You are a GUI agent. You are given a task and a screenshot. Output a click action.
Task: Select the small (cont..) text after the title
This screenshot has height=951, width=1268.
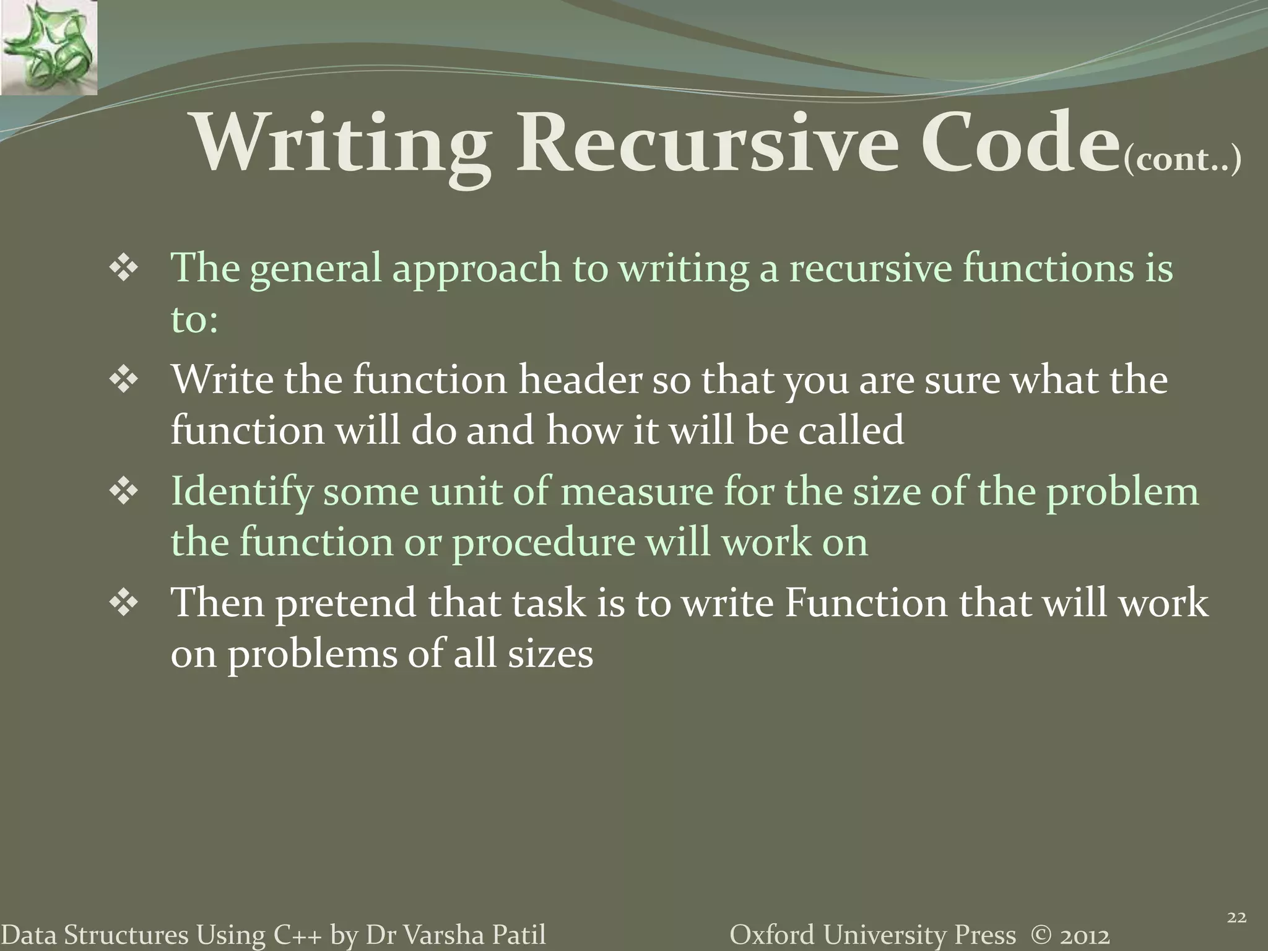click(1182, 160)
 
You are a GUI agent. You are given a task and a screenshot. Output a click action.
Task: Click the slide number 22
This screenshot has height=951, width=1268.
click(1236, 918)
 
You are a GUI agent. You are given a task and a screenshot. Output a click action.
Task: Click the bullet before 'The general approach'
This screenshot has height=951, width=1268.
click(123, 271)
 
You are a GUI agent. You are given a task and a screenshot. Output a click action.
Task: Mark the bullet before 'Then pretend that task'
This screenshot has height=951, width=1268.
click(123, 604)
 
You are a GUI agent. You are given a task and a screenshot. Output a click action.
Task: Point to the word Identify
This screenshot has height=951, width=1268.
click(241, 493)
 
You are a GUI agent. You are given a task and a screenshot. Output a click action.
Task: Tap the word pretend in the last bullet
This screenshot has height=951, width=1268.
click(345, 604)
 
